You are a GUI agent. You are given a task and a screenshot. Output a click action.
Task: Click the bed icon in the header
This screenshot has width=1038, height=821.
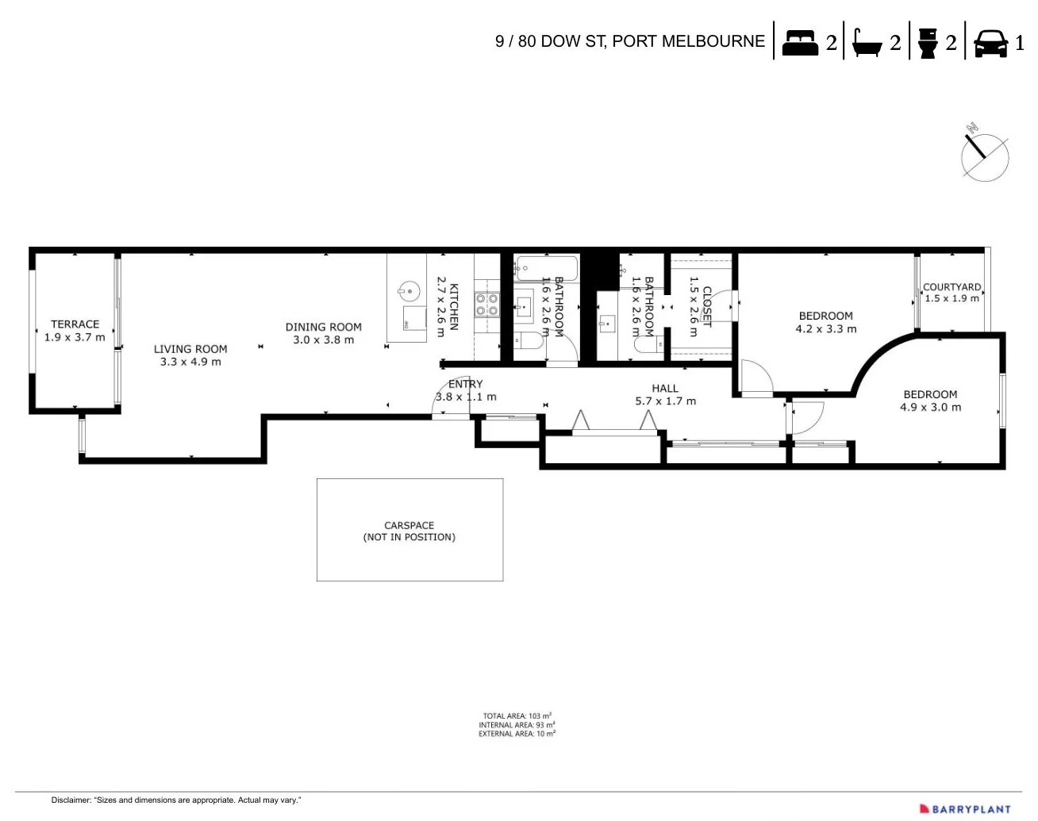(x=800, y=42)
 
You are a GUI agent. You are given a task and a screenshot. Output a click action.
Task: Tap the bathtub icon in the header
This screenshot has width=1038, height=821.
(x=866, y=43)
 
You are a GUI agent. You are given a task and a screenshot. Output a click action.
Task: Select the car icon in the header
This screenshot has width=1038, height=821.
(x=990, y=43)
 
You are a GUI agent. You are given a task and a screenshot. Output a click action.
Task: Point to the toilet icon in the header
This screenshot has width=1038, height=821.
(x=926, y=43)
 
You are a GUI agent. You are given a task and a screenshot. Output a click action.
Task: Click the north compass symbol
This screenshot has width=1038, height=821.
(x=984, y=155)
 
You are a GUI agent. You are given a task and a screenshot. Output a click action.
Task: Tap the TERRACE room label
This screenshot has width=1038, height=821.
(x=75, y=324)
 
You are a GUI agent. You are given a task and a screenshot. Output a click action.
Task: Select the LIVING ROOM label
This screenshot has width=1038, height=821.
(x=190, y=349)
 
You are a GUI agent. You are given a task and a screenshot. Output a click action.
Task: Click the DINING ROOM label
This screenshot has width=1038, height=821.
(x=323, y=327)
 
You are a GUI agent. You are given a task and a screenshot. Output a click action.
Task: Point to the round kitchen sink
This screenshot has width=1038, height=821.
(x=409, y=290)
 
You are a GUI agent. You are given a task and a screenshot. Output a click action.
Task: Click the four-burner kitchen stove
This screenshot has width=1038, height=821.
(x=486, y=305)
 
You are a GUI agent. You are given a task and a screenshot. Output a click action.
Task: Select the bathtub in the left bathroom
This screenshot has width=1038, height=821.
(x=545, y=268)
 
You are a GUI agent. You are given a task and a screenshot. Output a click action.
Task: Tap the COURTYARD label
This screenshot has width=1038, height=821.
(x=951, y=287)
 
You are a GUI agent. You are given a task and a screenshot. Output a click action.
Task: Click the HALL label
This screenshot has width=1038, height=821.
(x=665, y=388)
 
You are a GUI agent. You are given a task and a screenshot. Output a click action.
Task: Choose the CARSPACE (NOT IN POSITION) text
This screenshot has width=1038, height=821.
(x=409, y=531)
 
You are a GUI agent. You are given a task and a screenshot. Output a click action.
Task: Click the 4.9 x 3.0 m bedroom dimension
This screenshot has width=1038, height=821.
(x=930, y=408)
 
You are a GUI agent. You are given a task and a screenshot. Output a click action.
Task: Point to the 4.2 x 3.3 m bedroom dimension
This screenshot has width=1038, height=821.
(x=826, y=329)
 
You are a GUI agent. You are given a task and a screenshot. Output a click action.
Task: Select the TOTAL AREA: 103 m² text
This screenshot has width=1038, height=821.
(x=517, y=715)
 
